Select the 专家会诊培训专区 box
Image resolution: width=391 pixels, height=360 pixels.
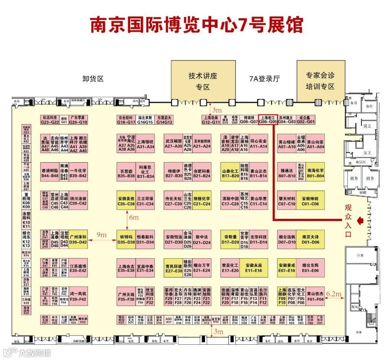pyautogui.click(x=320, y=81)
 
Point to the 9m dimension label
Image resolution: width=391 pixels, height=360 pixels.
pyautogui.click(x=102, y=235)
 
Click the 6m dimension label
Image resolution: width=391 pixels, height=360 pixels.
pyautogui.click(x=134, y=218)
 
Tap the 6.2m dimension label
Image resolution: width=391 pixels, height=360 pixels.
pyautogui.click(x=334, y=294)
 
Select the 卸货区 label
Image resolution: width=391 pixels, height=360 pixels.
pyautogui.click(x=93, y=79)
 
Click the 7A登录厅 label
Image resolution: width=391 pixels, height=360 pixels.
pyautogui.click(x=265, y=79)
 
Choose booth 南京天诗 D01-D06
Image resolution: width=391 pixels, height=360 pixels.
pyautogui.click(x=310, y=239)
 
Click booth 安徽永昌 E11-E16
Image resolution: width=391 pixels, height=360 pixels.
pyautogui.click(x=254, y=268)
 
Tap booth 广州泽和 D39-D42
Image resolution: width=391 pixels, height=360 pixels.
pyautogui.click(x=78, y=239)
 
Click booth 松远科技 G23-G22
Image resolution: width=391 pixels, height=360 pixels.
pyautogui.click(x=50, y=120)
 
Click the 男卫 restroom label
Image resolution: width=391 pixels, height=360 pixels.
pyautogui.click(x=367, y=126)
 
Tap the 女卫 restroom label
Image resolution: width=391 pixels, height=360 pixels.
pyautogui.click(x=367, y=152)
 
